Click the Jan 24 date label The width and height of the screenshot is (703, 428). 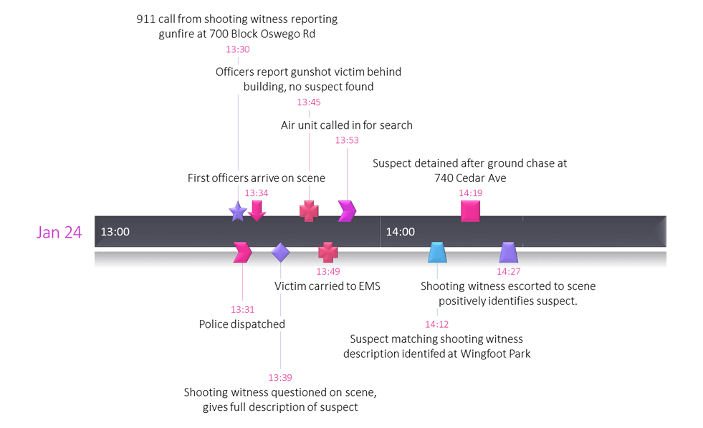click(59, 232)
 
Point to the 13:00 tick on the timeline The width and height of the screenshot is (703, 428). click(115, 232)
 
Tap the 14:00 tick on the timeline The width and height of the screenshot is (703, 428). click(400, 232)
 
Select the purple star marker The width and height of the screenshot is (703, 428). click(237, 212)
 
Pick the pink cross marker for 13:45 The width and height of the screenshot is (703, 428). click(309, 211)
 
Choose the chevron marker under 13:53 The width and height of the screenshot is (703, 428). click(347, 211)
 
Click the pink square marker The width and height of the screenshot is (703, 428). click(470, 211)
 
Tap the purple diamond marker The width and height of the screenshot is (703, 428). click(280, 253)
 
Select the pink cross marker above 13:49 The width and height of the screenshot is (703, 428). click(327, 253)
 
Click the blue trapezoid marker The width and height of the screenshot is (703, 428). click(437, 253)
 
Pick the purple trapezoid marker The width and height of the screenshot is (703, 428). click(508, 253)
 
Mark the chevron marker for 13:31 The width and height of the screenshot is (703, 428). click(242, 253)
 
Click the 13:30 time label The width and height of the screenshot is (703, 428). click(238, 50)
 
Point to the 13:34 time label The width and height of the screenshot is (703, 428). click(257, 193)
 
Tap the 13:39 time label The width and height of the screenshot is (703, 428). click(280, 377)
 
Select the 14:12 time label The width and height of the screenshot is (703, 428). click(437, 324)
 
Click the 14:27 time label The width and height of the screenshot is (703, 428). click(508, 271)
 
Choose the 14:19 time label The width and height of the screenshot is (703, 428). click(471, 193)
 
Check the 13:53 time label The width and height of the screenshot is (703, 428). click(347, 140)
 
